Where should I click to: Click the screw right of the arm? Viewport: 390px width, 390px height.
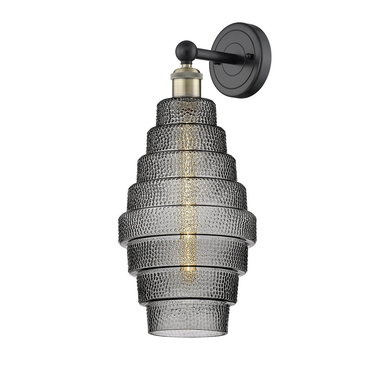click(248, 56)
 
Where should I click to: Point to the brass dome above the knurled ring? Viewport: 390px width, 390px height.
click(186, 70)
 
